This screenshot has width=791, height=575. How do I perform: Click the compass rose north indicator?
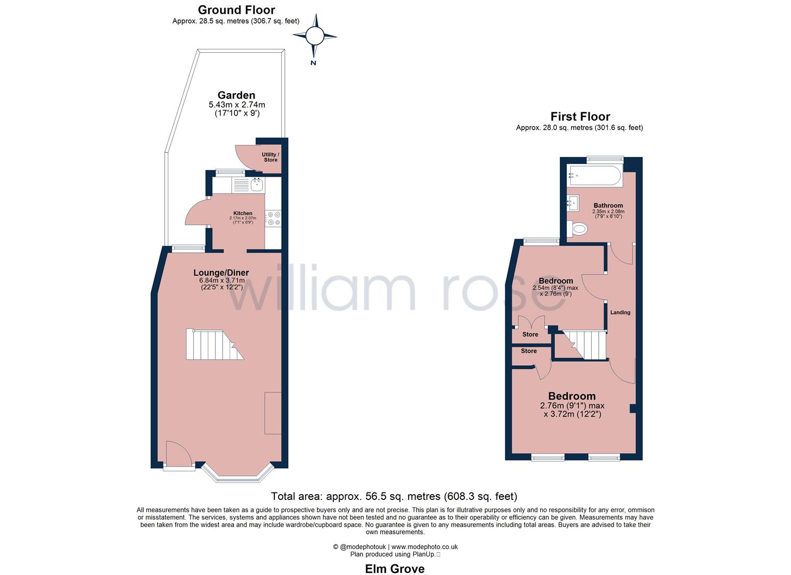point(314,37)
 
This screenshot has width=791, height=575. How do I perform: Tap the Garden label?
point(236,95)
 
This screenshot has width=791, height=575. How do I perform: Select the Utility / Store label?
point(270,157)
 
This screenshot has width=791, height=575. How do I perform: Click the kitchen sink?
point(257,185)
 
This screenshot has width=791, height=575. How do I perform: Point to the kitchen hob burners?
point(274,218)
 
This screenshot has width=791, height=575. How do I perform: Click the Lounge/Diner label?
point(221,273)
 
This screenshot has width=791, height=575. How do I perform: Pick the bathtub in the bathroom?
point(594,176)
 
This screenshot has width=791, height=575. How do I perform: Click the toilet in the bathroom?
point(577,229)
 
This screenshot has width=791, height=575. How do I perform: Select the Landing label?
point(620,313)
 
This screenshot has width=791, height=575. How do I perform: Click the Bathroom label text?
point(608,206)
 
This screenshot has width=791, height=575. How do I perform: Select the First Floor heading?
point(580,117)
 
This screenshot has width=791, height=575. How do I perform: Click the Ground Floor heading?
point(236,10)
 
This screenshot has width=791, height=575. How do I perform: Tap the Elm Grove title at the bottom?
point(395,569)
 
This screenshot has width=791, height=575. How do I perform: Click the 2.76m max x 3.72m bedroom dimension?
point(572,409)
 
